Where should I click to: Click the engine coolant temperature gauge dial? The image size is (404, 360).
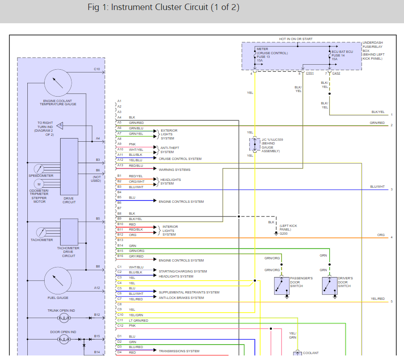point(58,83)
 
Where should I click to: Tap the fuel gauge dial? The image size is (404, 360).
point(58,281)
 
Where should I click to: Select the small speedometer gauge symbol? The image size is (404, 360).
point(39,169)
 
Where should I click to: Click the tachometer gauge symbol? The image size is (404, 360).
point(41,232)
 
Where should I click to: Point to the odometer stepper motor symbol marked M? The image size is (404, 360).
point(39,184)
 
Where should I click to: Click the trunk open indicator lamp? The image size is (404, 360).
point(64,318)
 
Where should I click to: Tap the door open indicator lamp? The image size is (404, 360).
point(64,339)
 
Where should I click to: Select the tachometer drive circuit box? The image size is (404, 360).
point(69,232)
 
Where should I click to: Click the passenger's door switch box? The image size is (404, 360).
point(281,286)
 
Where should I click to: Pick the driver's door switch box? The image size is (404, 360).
point(330,286)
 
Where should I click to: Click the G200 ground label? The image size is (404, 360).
point(283,233)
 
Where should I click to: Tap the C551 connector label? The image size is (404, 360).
point(310,73)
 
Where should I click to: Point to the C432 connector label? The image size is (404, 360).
point(336,73)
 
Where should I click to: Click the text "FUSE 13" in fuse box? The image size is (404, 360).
point(263,57)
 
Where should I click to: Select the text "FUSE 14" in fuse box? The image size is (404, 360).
point(338,56)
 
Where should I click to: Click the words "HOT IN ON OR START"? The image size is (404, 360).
point(296,39)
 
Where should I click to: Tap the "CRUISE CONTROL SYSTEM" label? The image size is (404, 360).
point(180,159)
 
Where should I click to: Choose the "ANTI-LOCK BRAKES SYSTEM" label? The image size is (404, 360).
point(181,298)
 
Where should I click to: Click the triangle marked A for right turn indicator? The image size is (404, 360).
point(60,126)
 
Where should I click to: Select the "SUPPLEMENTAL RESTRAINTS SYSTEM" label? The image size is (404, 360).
point(189,292)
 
